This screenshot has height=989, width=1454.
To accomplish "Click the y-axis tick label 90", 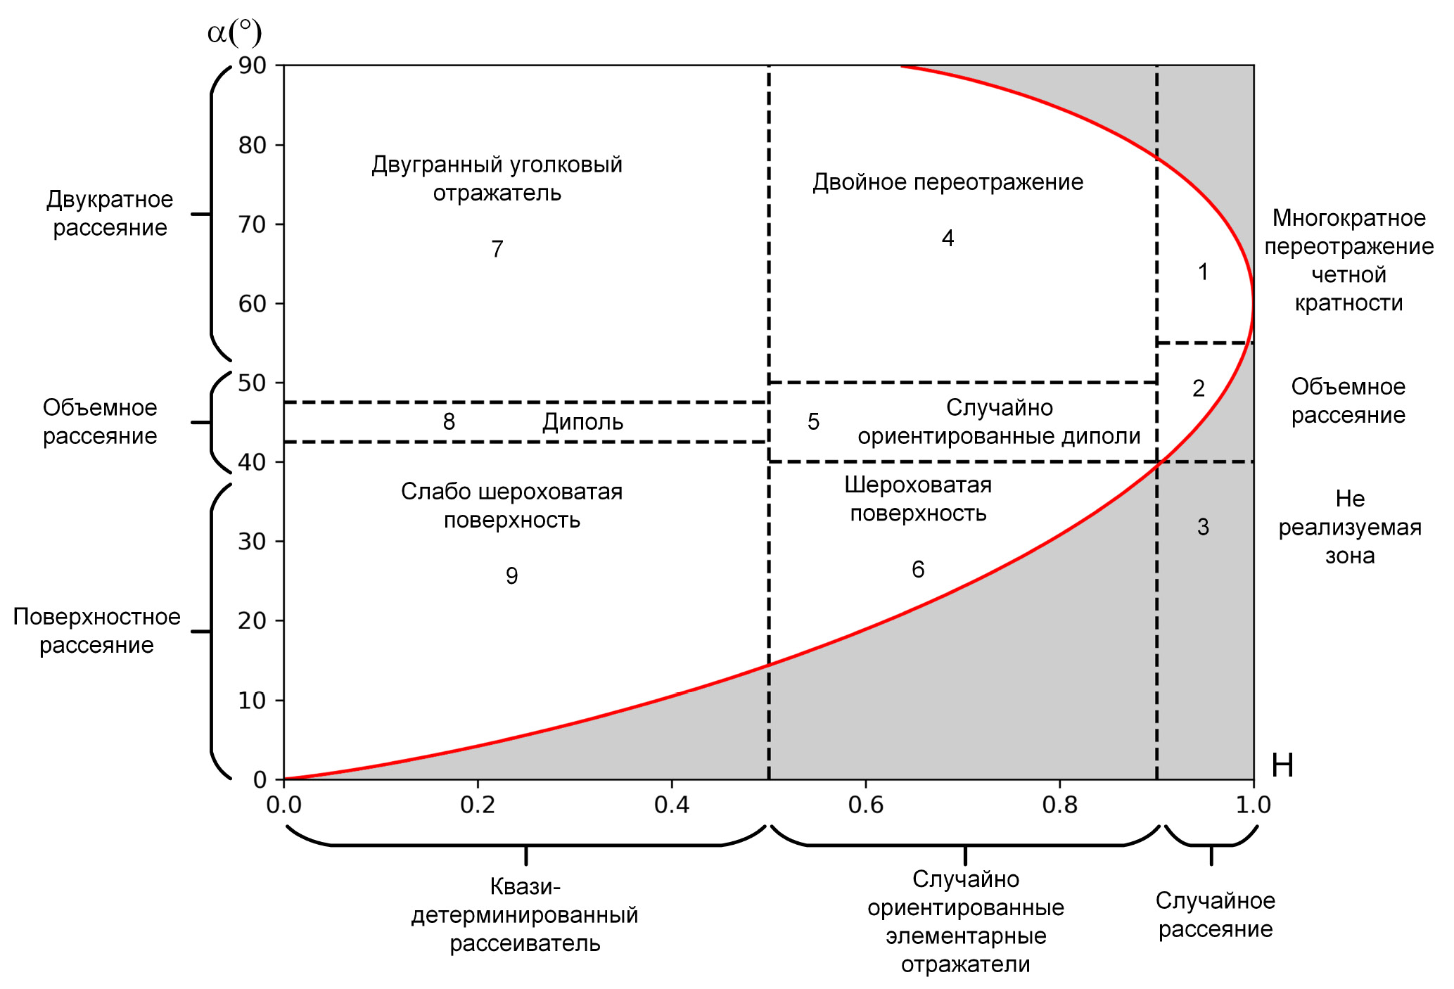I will (253, 65).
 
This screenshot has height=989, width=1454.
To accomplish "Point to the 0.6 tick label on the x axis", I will (865, 805).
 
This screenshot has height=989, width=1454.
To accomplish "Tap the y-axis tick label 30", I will (253, 542).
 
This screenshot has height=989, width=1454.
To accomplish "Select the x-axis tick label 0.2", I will (478, 805).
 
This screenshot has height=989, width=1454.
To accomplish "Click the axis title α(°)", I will (234, 32).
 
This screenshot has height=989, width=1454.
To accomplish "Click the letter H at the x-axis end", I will (1282, 765).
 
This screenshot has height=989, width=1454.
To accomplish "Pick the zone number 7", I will (497, 249).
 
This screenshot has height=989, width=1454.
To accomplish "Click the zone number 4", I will (948, 238).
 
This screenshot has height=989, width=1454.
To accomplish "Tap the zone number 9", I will (512, 576).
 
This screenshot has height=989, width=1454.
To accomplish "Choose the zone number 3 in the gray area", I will (1203, 527).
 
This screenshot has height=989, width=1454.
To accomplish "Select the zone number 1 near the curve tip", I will (1203, 272).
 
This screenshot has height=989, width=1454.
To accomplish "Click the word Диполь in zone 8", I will (582, 422).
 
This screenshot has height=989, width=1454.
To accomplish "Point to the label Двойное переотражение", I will (948, 182).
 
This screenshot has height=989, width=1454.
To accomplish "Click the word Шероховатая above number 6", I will (917, 485).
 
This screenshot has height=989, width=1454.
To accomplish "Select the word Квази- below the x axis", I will (525, 886).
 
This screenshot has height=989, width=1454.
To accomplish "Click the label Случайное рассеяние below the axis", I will (1215, 914).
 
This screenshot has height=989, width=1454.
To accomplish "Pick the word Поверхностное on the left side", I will (97, 617).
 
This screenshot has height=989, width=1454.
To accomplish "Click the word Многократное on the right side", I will (1348, 218).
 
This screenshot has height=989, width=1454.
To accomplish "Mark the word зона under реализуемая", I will (1349, 556).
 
